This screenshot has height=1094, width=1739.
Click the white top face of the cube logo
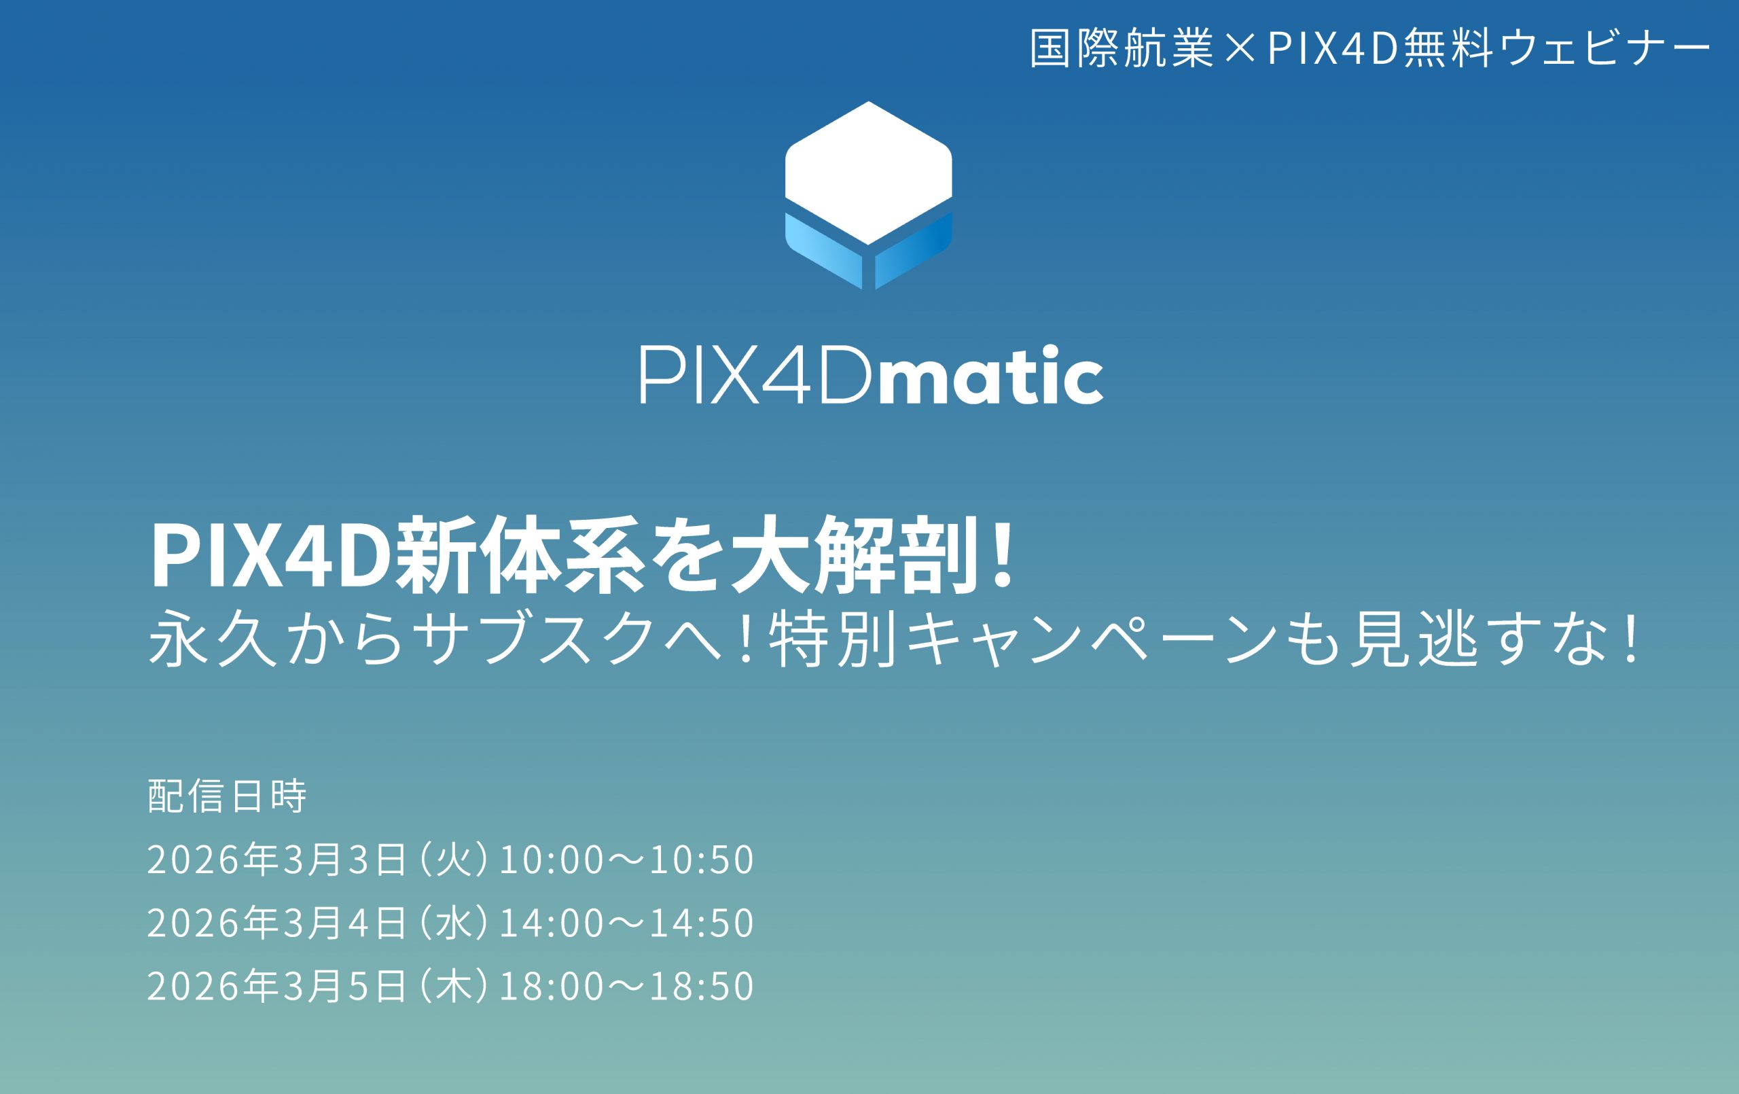coord(868,173)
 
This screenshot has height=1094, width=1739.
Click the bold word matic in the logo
coord(989,376)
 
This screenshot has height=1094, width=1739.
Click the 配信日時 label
coord(227,796)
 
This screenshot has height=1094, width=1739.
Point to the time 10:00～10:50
coord(626,860)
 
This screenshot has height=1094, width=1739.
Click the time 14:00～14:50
coord(626,923)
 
